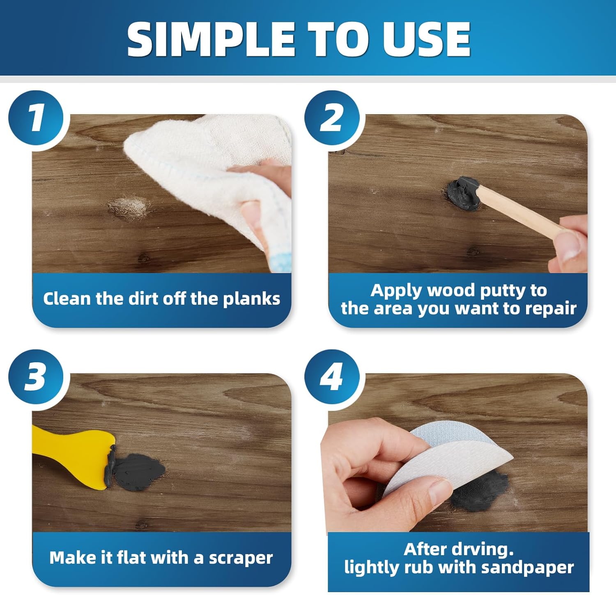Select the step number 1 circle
pos(36,118)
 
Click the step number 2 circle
pos(332,118)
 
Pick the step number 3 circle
pos(36,377)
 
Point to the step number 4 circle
pos(332,377)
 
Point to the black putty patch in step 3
pos(138,472)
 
